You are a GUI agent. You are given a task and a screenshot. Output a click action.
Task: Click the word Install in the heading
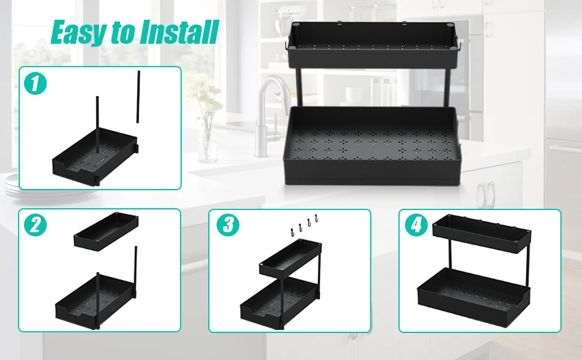(x=180, y=32)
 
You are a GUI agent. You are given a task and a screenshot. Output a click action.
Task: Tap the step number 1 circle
(x=35, y=83)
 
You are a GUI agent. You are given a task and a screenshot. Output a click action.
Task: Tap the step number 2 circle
(x=35, y=225)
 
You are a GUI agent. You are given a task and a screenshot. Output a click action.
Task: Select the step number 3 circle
(x=228, y=225)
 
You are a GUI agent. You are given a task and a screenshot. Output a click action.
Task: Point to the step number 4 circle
(x=416, y=225)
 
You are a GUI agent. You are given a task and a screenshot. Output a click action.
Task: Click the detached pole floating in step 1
(x=139, y=97)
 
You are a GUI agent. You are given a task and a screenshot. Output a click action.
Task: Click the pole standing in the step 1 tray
(x=98, y=125)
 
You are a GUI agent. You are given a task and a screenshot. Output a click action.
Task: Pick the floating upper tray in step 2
(x=106, y=231)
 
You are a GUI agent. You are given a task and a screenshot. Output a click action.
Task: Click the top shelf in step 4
(x=482, y=234)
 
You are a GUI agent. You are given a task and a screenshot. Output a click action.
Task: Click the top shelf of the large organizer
(x=372, y=44)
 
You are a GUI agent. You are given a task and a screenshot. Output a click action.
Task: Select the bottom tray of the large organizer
(x=372, y=145)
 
